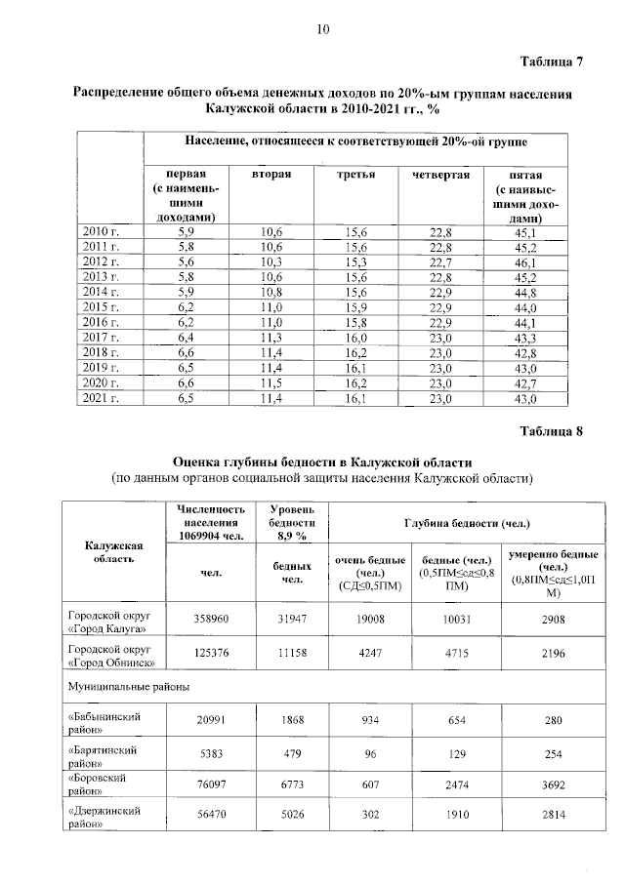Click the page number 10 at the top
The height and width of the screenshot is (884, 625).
[321, 29]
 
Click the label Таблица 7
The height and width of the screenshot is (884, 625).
[551, 62]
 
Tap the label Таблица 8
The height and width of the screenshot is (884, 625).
[551, 430]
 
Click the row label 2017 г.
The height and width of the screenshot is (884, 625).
[102, 337]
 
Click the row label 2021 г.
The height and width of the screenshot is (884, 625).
[102, 398]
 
